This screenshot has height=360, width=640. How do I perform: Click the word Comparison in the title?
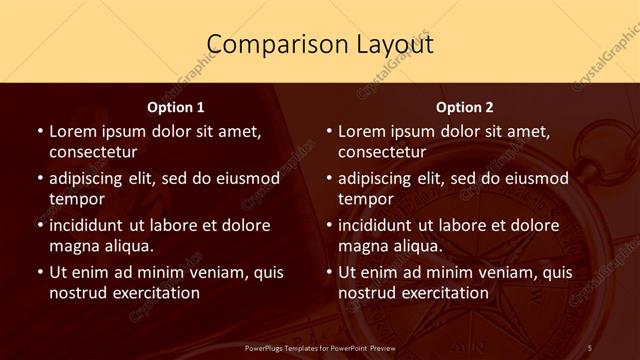click(265, 45)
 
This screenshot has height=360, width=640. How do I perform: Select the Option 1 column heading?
click(176, 107)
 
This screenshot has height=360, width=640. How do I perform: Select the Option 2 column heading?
click(465, 107)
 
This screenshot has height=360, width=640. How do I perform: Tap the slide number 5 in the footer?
click(590, 347)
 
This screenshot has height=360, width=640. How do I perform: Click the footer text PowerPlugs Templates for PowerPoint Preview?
click(320, 347)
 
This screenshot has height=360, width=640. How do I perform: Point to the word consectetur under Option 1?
click(93, 152)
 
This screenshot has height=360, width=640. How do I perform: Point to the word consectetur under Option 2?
click(382, 152)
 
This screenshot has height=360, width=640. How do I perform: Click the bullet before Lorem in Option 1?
click(38, 131)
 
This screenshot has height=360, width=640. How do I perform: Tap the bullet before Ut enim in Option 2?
click(327, 272)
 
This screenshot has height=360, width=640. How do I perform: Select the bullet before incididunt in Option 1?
click(38, 225)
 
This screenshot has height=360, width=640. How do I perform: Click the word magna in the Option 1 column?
click(73, 246)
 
